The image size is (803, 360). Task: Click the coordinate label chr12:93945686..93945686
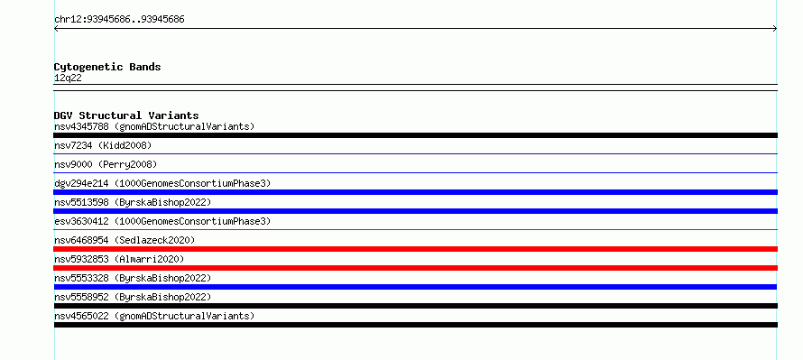coord(119,20)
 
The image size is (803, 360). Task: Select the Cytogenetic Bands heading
coord(107,67)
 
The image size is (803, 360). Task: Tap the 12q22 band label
coord(68,78)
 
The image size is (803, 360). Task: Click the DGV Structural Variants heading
coord(126,115)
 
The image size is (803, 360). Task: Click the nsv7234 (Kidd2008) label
coord(103,146)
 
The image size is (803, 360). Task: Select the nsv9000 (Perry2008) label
coord(106,165)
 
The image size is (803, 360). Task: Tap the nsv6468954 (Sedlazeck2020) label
coord(125,240)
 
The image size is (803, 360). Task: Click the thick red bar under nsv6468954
coord(415,249)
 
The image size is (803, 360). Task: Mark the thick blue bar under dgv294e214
coord(415,192)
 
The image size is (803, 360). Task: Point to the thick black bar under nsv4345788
coord(415,135)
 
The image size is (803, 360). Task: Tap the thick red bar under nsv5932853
coord(415,268)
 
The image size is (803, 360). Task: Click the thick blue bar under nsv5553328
coord(415,287)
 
